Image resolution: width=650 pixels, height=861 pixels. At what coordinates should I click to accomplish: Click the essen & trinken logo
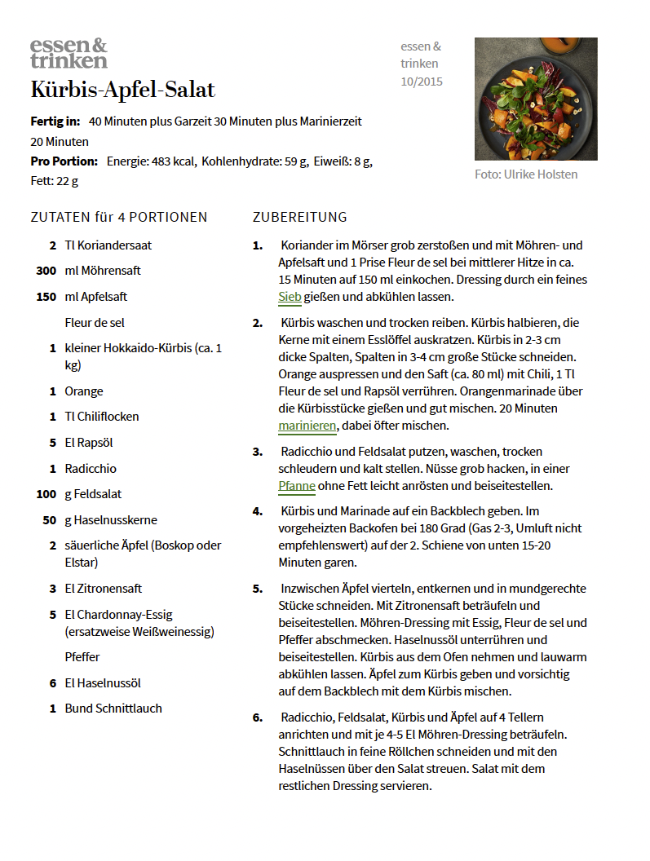pyautogui.click(x=69, y=53)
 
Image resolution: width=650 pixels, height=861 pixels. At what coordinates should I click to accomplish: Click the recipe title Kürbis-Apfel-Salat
pyautogui.click(x=123, y=89)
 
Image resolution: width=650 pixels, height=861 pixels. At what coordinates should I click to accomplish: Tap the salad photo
pyautogui.click(x=536, y=99)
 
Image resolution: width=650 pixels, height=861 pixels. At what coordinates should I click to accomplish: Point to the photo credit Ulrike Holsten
pyautogui.click(x=527, y=174)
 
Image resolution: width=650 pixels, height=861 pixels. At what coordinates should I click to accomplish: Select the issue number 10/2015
pyautogui.click(x=422, y=82)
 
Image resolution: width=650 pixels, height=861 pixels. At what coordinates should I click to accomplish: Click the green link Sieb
pyautogui.click(x=290, y=297)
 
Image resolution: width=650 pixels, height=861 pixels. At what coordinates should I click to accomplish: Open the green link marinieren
pyautogui.click(x=307, y=426)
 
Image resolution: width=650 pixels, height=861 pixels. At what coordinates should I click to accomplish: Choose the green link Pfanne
pyautogui.click(x=297, y=486)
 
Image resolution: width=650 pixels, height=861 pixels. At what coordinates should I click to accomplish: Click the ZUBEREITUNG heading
pyautogui.click(x=300, y=217)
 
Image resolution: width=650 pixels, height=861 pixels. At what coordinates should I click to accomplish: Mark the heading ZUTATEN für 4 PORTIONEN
pyautogui.click(x=119, y=217)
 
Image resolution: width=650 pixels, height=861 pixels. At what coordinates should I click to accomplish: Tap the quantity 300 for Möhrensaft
pyautogui.click(x=46, y=271)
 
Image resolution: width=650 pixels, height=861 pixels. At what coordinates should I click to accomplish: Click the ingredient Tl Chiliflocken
pyautogui.click(x=102, y=417)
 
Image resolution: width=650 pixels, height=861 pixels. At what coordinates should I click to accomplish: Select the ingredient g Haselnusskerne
pyautogui.click(x=111, y=520)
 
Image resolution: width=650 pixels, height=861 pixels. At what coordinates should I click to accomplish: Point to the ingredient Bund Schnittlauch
pyautogui.click(x=113, y=709)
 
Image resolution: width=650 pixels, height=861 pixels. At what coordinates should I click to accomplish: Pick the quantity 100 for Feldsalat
pyautogui.click(x=46, y=494)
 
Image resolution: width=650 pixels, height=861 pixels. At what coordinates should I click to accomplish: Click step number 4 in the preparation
pyautogui.click(x=258, y=511)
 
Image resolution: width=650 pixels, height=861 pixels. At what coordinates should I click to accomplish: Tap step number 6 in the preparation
pyautogui.click(x=258, y=717)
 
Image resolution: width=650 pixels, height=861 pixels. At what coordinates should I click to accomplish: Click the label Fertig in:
pyautogui.click(x=55, y=121)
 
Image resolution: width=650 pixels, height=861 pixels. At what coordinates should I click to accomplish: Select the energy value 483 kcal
pyautogui.click(x=170, y=161)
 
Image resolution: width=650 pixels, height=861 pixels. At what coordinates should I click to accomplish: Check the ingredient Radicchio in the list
pyautogui.click(x=91, y=469)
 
